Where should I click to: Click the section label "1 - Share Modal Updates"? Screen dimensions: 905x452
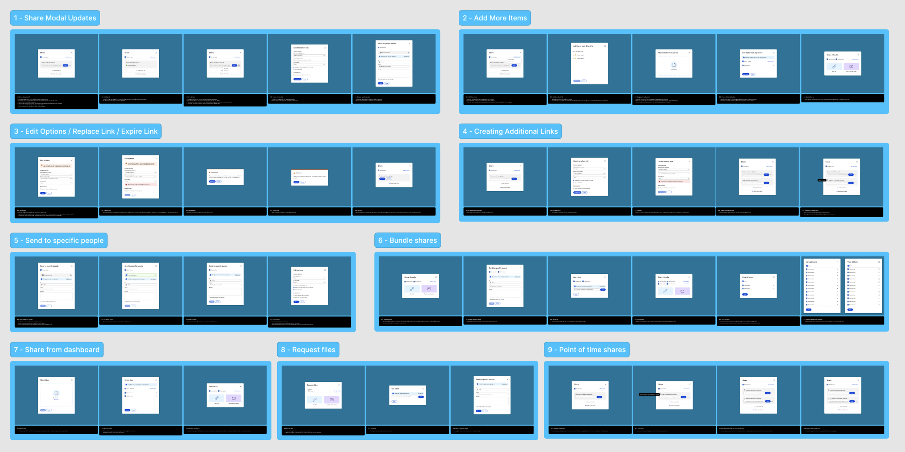(55, 18)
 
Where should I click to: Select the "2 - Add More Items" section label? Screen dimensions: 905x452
(494, 18)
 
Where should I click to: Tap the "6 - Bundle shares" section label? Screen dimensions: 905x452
(407, 240)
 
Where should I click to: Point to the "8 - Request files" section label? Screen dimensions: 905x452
(308, 350)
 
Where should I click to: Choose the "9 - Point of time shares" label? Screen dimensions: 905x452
(586, 350)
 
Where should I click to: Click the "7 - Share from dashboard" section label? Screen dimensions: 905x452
(57, 350)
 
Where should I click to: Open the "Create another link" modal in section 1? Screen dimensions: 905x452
(310, 64)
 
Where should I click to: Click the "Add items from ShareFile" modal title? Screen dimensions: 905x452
(583, 46)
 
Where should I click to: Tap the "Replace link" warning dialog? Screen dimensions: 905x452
(225, 177)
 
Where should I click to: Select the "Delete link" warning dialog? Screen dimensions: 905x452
(310, 177)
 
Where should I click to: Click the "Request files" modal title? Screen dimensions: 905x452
(312, 385)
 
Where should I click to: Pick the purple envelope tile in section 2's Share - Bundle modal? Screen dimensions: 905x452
(851, 67)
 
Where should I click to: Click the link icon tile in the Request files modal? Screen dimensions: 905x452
(314, 399)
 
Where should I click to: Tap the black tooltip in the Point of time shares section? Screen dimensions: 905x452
(649, 394)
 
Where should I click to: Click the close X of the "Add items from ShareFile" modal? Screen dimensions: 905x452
(605, 46)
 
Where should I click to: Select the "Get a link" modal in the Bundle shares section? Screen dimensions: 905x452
(589, 286)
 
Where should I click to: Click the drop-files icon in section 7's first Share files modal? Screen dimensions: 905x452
(56, 393)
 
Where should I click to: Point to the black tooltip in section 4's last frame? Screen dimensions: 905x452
(822, 180)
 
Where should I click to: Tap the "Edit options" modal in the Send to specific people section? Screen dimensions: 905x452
(310, 286)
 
